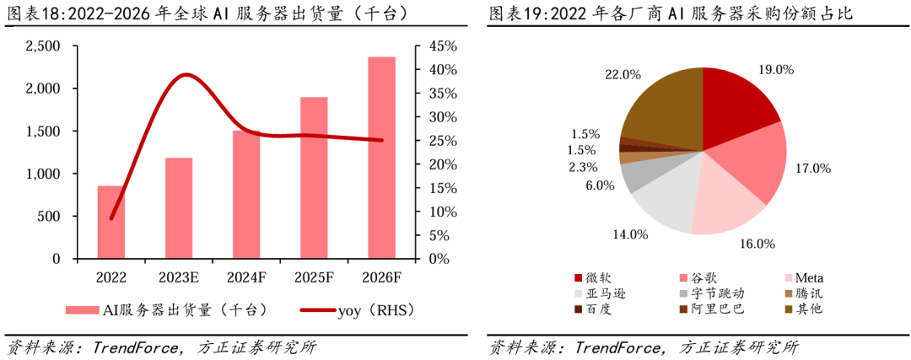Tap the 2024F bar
(246, 194)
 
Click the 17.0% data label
(813, 169)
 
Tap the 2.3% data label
(584, 167)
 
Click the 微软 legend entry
(596, 278)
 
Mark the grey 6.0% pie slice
(637, 175)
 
